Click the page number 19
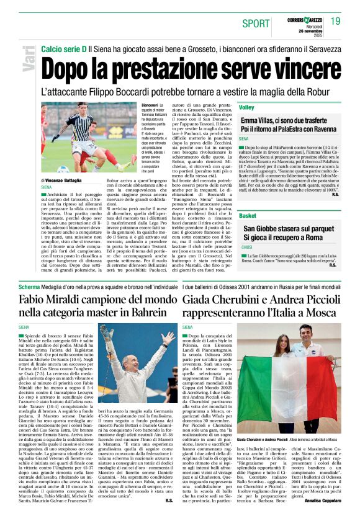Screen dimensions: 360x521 click(x=336, y=21)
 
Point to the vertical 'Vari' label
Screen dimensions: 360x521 click(x=25, y=66)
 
